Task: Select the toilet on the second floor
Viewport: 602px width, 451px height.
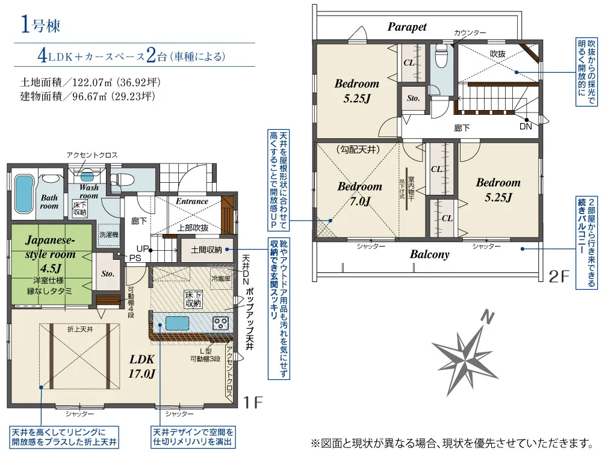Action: click(442, 59)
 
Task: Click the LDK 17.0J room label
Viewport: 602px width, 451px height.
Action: click(143, 366)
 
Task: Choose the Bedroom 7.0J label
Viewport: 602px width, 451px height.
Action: click(359, 194)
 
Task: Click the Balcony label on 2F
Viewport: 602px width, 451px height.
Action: click(430, 254)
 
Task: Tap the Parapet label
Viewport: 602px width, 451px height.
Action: click(407, 27)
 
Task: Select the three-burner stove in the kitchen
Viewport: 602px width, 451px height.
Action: click(220, 323)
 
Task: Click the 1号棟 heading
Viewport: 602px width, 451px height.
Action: click(41, 26)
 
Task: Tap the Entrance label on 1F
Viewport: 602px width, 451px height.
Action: click(191, 201)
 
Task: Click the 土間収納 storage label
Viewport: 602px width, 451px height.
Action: click(206, 249)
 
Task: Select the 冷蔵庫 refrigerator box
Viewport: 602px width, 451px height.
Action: click(220, 279)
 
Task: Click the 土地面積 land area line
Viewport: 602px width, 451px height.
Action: click(88, 82)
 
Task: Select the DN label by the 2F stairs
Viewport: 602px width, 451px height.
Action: click(526, 127)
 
